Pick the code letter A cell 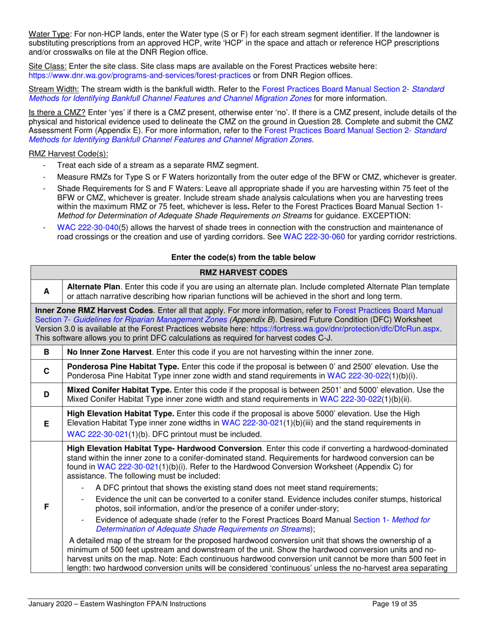pos(46,291)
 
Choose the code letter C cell pos(46,371)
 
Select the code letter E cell pos(46,424)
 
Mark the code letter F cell pos(46,506)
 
